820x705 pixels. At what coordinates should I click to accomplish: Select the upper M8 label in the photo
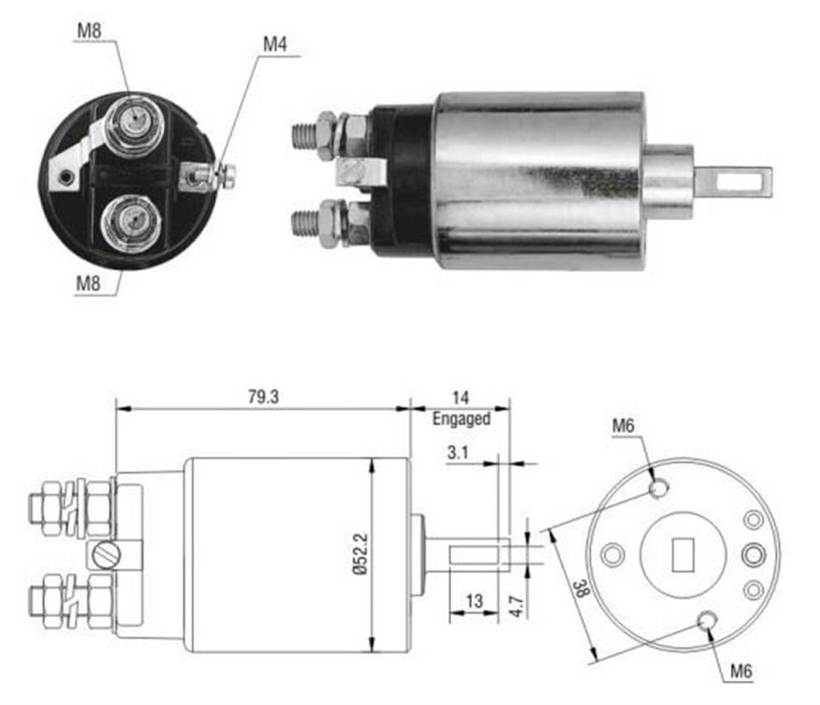(x=90, y=31)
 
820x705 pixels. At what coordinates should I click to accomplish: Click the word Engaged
(x=461, y=419)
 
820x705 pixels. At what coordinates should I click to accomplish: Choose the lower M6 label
(x=741, y=672)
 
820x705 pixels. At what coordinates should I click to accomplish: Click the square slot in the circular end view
(x=682, y=556)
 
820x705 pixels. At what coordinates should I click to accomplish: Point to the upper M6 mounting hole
(x=659, y=488)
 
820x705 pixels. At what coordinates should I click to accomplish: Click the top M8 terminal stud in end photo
(x=131, y=122)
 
